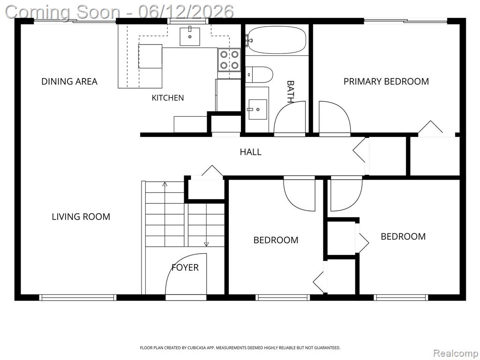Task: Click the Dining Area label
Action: (x=69, y=82)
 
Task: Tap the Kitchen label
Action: (x=168, y=98)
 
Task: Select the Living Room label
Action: (x=81, y=217)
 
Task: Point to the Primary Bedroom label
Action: (x=386, y=82)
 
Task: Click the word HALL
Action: (x=250, y=152)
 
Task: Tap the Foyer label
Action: (x=185, y=268)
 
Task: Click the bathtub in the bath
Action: (x=277, y=40)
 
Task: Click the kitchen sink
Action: (x=190, y=37)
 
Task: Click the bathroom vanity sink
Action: (x=257, y=109)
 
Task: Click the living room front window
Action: (x=78, y=297)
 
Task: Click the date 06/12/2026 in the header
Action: (x=186, y=12)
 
